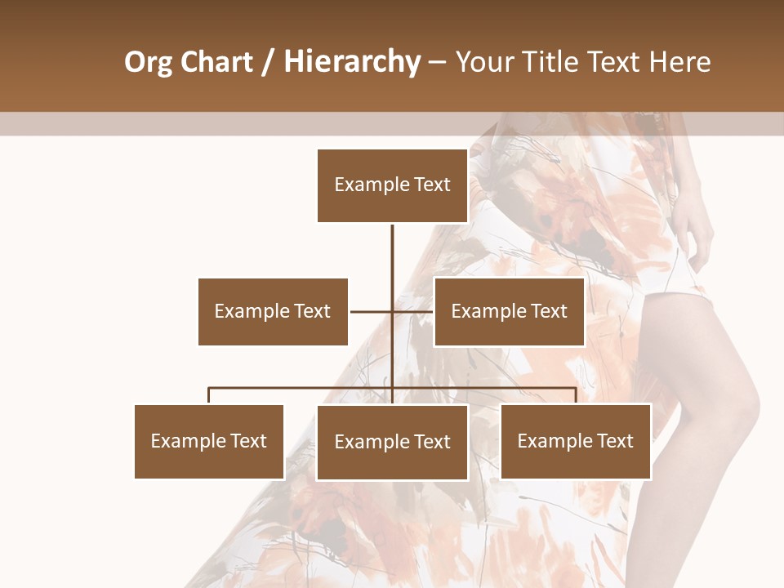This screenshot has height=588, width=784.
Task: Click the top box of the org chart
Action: (392, 185)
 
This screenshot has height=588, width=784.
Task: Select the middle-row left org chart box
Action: (273, 311)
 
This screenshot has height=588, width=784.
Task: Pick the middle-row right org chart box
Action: (509, 311)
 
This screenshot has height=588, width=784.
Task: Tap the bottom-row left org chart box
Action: (209, 441)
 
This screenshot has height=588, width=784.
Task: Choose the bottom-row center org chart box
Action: (392, 442)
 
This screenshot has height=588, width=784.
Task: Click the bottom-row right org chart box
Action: (575, 441)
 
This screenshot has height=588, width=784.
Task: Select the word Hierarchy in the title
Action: (352, 62)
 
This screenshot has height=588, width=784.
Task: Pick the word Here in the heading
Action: (681, 62)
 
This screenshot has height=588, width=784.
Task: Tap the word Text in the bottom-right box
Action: (614, 441)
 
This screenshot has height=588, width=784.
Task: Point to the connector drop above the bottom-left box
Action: (209, 395)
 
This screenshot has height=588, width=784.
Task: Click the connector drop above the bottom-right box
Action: (575, 395)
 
